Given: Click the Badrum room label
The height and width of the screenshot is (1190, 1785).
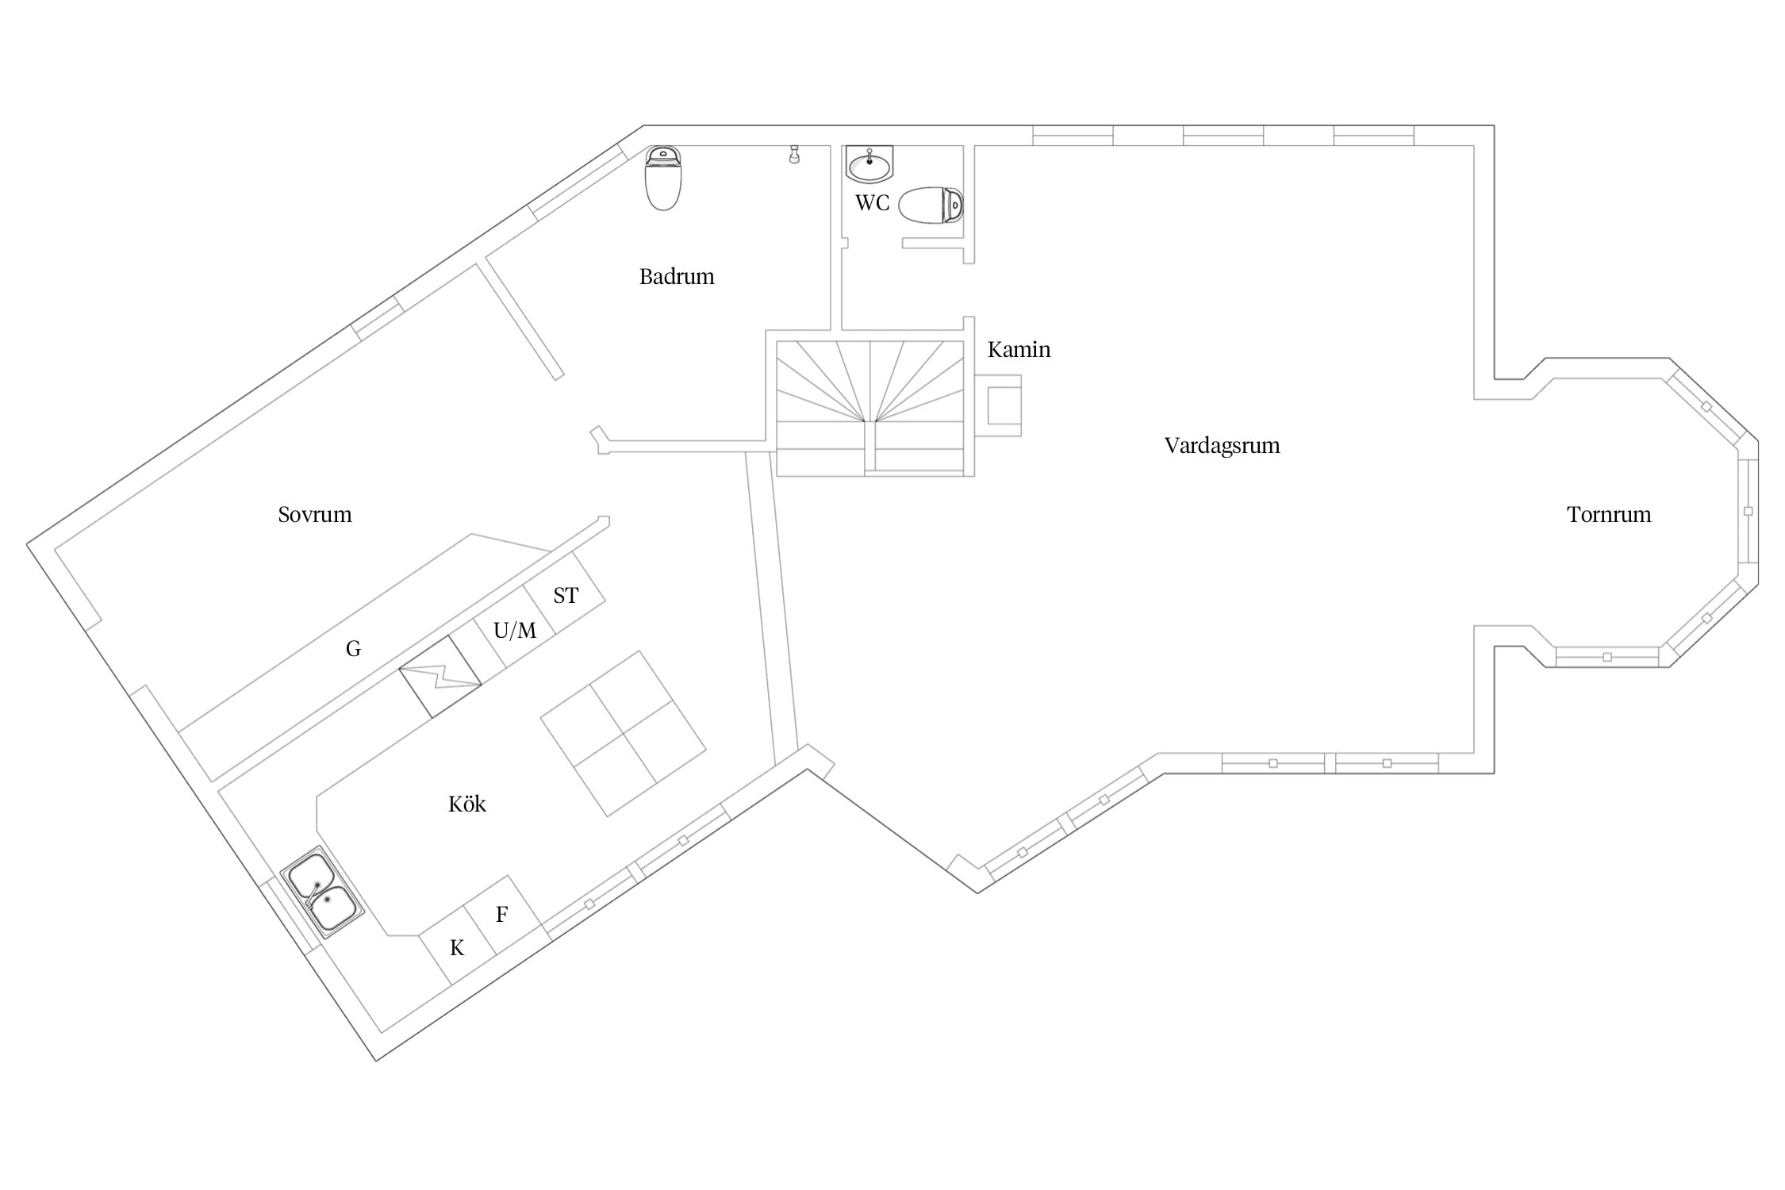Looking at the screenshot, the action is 677,276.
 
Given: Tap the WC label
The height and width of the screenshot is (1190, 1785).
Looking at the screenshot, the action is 872,203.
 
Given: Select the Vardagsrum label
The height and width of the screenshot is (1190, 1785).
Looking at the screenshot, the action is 1222,445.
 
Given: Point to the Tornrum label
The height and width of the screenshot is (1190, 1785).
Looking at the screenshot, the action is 1609,514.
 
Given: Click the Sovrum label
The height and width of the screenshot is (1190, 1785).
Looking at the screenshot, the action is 315,514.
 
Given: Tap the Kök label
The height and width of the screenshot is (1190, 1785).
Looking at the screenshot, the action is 466,804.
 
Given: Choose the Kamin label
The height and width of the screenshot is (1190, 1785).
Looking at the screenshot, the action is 1019,349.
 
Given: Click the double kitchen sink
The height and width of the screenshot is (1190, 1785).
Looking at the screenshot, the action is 322,892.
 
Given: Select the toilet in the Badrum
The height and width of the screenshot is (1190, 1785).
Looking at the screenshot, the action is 663,178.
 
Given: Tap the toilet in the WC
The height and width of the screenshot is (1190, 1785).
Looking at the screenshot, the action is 931,205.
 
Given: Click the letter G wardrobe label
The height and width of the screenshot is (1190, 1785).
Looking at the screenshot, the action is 353,649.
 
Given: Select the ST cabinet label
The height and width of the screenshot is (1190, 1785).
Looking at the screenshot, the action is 566,595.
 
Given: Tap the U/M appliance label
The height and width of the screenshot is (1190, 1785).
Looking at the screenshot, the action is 515,631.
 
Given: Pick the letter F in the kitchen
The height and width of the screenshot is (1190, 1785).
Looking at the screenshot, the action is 501,915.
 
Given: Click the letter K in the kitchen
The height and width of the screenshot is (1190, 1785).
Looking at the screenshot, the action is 457,948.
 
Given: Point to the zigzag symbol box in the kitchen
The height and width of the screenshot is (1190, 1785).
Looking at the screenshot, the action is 440,677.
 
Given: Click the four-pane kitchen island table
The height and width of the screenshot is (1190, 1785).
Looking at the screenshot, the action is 624,734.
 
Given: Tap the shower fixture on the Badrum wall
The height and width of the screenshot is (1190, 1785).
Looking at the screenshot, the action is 794,154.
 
